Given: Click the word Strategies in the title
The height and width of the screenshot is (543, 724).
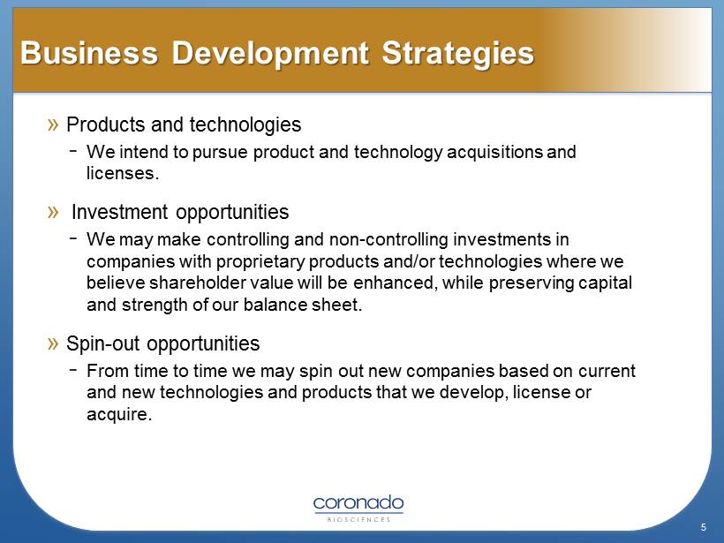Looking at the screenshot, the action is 457,54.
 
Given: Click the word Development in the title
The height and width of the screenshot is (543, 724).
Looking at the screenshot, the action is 270,54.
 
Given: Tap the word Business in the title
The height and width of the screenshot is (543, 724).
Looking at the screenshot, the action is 89,53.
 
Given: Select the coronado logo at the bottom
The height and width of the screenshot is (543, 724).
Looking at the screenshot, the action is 358,508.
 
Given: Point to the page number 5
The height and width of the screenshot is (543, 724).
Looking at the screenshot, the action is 703,527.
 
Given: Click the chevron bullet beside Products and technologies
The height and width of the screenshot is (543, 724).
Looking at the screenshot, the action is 53,124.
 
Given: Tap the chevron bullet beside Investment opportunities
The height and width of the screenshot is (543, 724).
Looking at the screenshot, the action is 53,212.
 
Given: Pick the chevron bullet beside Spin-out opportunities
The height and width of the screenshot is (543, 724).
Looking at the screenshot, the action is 53,343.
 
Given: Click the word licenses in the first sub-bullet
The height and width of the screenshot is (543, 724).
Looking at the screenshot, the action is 120,173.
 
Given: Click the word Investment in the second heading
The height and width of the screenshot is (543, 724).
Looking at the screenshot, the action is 119,212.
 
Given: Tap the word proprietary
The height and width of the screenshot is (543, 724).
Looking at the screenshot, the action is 260,262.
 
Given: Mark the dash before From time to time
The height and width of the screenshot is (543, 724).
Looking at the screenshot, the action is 73,369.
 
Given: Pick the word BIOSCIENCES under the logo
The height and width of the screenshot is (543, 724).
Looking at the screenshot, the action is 358,519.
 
